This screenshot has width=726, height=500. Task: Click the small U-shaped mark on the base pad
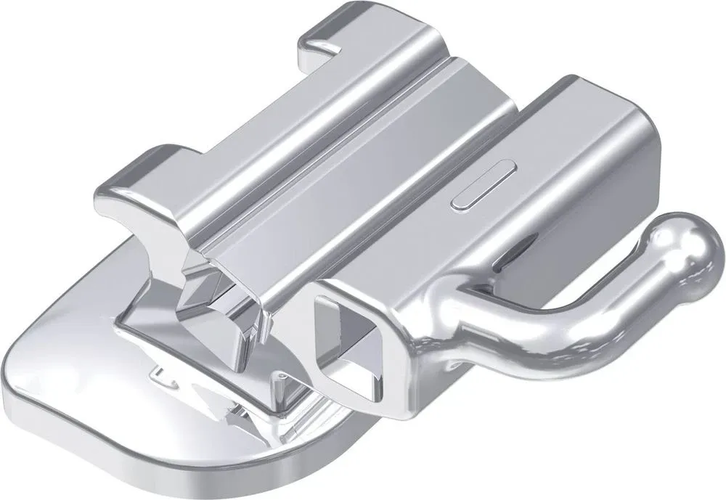pyautogui.click(x=161, y=375)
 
